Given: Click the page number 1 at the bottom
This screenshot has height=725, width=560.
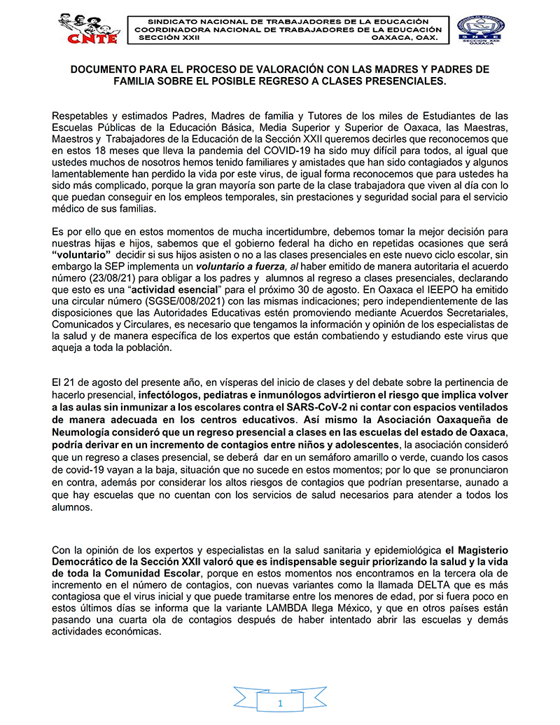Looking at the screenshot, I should pos(279,703).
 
